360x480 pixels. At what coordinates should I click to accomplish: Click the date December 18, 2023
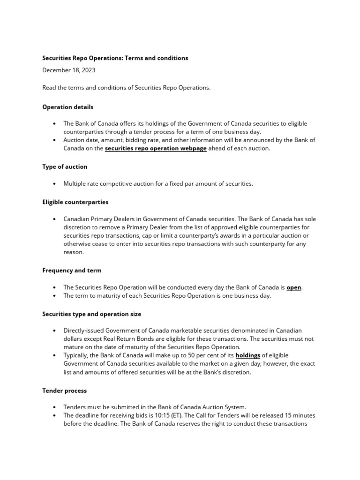click(x=71, y=70)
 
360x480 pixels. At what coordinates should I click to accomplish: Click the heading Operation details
click(x=67, y=107)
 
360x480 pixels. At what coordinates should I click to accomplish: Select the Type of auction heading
click(x=65, y=166)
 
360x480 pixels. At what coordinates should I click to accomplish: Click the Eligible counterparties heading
click(x=75, y=202)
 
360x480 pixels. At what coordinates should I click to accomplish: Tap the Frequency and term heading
click(x=72, y=270)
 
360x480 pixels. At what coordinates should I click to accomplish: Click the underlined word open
click(x=294, y=287)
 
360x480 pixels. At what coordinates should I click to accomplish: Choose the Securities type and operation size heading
click(x=91, y=314)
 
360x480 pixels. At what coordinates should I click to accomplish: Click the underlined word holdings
click(x=247, y=355)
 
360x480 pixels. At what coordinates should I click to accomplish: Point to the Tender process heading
click(x=64, y=390)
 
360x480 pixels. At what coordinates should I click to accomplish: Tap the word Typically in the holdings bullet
click(x=77, y=355)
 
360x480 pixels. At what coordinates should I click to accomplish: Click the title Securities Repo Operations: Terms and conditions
click(x=115, y=58)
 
